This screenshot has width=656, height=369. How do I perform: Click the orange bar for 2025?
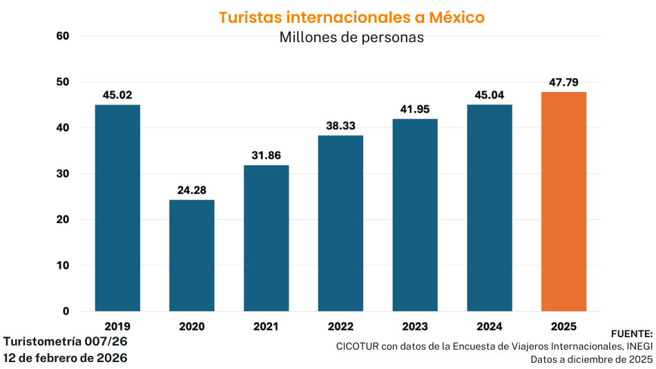tap(563, 201)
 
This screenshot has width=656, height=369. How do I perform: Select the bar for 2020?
tap(192, 255)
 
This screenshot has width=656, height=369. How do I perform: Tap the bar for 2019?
tap(117, 207)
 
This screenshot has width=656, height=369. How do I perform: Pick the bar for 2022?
tap(340, 223)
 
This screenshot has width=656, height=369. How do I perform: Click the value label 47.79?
tap(563, 82)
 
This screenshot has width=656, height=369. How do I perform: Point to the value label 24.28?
tap(192, 190)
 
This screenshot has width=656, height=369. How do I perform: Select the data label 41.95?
tap(415, 109)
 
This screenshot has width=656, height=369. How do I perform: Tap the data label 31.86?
tap(266, 155)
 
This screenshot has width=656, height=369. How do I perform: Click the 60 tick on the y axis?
tap(63, 36)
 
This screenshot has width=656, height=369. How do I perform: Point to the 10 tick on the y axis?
tap(63, 265)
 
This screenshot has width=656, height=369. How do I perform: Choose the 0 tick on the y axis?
tap(66, 311)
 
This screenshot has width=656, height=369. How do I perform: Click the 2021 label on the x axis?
tap(266, 326)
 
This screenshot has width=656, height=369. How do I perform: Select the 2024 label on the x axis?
tap(490, 326)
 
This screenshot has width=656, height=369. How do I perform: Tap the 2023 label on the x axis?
tap(415, 326)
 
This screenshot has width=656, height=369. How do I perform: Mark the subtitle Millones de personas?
tap(351, 37)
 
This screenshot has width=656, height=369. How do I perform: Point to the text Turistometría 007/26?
tap(66, 341)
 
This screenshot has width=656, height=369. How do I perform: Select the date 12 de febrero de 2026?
tap(66, 358)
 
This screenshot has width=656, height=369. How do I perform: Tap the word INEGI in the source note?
tap(639, 346)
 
